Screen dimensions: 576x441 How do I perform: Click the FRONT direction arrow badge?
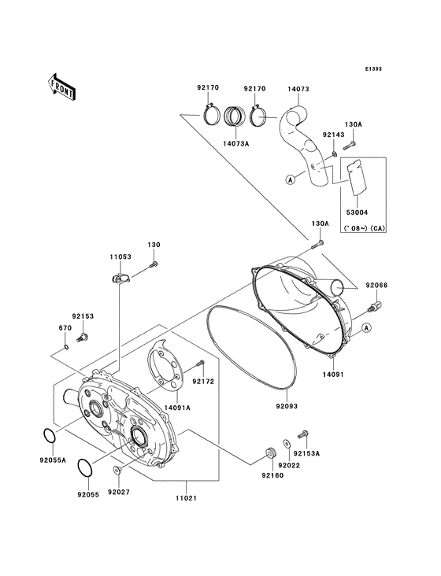[x=61, y=85]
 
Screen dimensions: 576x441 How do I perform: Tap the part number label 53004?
[x=357, y=212]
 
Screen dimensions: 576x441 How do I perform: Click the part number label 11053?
[x=120, y=257]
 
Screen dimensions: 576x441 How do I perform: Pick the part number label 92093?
[x=287, y=408]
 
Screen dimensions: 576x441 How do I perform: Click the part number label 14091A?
[x=177, y=408]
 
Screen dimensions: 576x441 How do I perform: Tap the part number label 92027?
[x=117, y=492]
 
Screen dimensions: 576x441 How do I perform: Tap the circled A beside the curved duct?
[x=291, y=179]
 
